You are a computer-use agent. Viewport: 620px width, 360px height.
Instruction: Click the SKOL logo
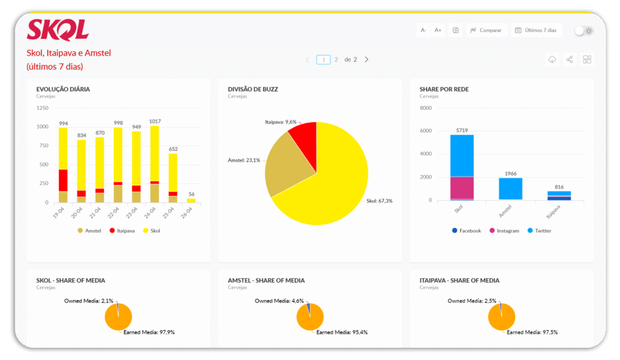click(58, 30)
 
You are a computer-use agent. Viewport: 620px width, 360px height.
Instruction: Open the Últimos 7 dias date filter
click(536, 30)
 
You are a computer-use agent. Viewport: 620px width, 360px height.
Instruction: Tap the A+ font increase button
click(438, 30)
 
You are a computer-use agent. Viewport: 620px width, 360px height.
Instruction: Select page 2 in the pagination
click(336, 60)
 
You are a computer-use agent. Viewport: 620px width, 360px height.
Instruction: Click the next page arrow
click(366, 60)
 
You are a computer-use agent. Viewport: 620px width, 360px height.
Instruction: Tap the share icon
click(569, 60)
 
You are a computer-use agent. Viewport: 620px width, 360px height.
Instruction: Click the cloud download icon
click(552, 60)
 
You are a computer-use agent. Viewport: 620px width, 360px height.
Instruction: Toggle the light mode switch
click(584, 31)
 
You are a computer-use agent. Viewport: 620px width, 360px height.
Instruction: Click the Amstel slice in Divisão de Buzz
click(285, 165)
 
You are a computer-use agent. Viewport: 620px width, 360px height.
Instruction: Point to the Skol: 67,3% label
click(379, 201)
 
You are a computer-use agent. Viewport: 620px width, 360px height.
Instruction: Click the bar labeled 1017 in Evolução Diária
click(154, 164)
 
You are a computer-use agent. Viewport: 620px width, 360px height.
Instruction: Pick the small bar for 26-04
click(191, 201)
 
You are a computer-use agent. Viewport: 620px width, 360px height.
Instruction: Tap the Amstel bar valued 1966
click(510, 189)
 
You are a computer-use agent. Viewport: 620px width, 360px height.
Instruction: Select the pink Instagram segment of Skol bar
click(462, 188)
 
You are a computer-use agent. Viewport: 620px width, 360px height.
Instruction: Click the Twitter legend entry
click(539, 231)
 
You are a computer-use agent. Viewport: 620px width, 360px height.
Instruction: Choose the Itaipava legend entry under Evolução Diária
click(122, 231)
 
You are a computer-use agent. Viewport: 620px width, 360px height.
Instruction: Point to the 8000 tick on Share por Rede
click(426, 108)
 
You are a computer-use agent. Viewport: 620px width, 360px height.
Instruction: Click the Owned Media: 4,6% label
click(279, 301)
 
